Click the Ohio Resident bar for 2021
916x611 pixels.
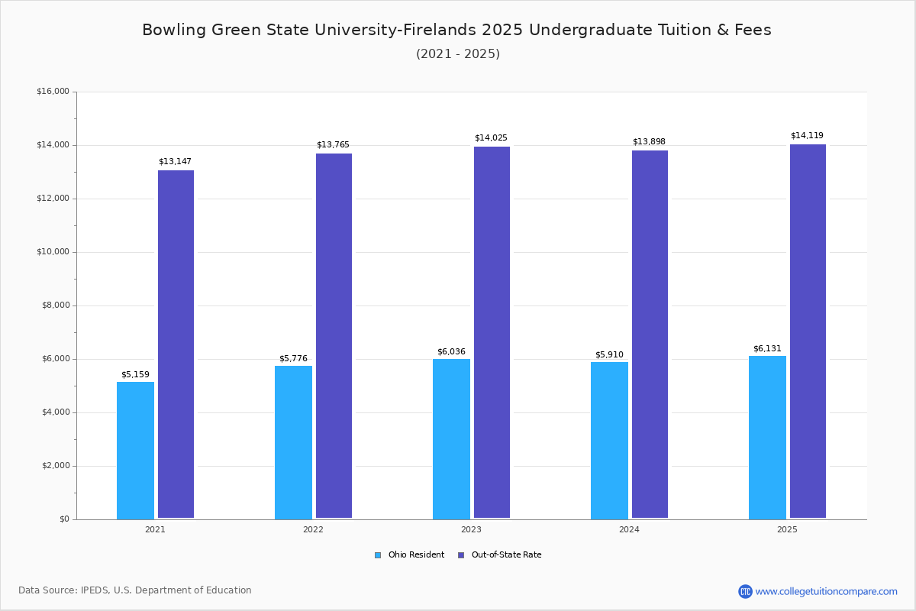pyautogui.click(x=135, y=450)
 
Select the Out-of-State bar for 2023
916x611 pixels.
pyautogui.click(x=492, y=332)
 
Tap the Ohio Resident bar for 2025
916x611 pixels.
pyautogui.click(x=767, y=437)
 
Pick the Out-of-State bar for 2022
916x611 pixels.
pyautogui.click(x=334, y=335)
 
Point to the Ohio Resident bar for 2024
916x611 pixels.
pyautogui.click(x=609, y=440)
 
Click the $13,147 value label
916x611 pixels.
pyautogui.click(x=175, y=162)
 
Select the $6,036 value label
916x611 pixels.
pyautogui.click(x=451, y=352)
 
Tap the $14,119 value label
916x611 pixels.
pyautogui.click(x=807, y=136)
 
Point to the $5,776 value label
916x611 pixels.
pyautogui.click(x=293, y=359)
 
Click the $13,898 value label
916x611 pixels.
pyautogui.click(x=649, y=142)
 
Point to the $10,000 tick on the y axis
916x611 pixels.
pyautogui.click(x=53, y=252)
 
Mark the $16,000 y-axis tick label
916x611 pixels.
pyautogui.click(x=53, y=92)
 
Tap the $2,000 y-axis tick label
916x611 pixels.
pyautogui.click(x=55, y=466)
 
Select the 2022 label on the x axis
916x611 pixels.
pyautogui.click(x=313, y=529)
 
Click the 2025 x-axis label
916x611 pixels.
pyautogui.click(x=787, y=529)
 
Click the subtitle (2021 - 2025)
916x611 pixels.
pyautogui.click(x=458, y=54)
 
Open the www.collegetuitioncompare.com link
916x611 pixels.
pyautogui.click(x=826, y=591)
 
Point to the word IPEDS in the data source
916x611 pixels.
pyautogui.click(x=95, y=590)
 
